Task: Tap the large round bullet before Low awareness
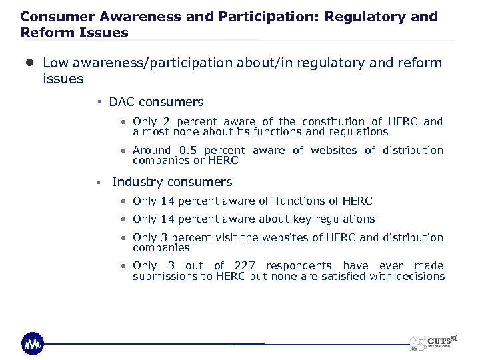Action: (x=30, y=63)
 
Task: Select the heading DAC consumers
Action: (x=156, y=102)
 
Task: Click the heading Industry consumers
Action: (x=172, y=182)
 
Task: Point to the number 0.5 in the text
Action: (x=191, y=151)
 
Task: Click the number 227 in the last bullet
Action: (x=245, y=265)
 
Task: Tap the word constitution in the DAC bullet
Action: (x=333, y=121)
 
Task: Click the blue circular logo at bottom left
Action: (x=33, y=343)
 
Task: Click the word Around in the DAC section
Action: (x=151, y=151)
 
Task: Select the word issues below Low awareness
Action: (x=63, y=79)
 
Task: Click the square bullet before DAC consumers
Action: (x=98, y=103)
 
